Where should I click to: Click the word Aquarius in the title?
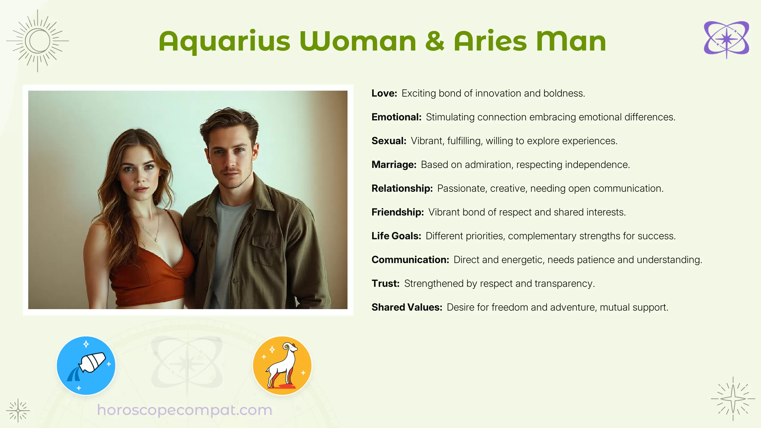tap(224, 42)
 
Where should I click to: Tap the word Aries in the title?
tap(490, 42)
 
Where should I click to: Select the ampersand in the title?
tap(435, 42)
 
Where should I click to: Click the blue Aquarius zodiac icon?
tap(86, 365)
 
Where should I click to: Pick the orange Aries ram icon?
tap(282, 365)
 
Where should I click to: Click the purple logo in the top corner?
tap(726, 39)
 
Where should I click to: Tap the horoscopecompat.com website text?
tap(185, 410)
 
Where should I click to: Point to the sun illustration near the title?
tap(38, 41)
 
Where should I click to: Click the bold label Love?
tap(384, 93)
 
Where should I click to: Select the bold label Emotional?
tap(396, 117)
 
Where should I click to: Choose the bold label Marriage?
tap(394, 165)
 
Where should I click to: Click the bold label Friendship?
tap(397, 212)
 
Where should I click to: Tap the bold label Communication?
tap(410, 260)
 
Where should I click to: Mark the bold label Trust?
tap(385, 284)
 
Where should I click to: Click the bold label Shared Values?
tap(407, 307)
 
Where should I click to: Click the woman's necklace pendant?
tap(156, 239)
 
